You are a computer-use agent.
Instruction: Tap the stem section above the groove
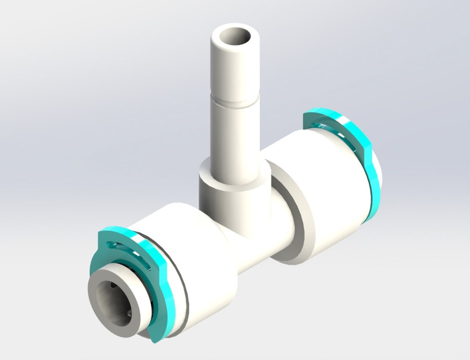point(232,70)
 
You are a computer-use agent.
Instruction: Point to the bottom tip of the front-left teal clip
point(157,337)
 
